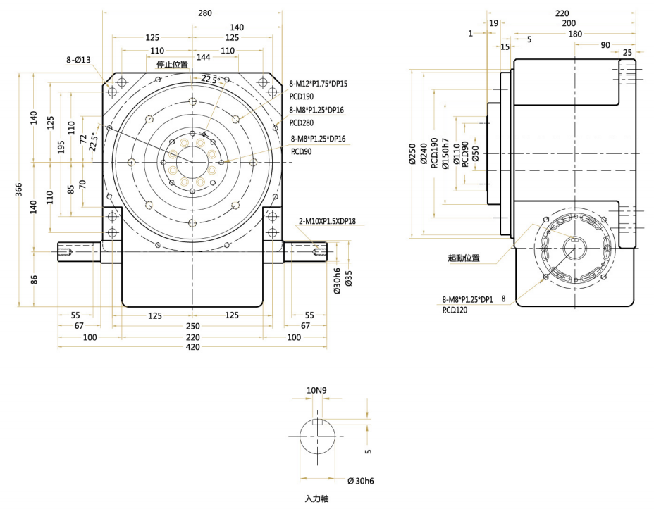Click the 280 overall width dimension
205,13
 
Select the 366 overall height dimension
20,190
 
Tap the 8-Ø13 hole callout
78,61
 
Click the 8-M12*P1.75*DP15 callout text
319,84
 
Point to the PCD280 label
303,122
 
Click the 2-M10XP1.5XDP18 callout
327,221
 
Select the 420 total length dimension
192,347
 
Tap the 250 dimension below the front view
192,326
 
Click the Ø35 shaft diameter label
349,281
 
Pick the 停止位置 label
172,65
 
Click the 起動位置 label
464,258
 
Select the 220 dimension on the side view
562,13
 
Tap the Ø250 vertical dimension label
413,154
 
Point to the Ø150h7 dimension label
445,154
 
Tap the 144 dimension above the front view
204,56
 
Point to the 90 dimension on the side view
605,45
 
